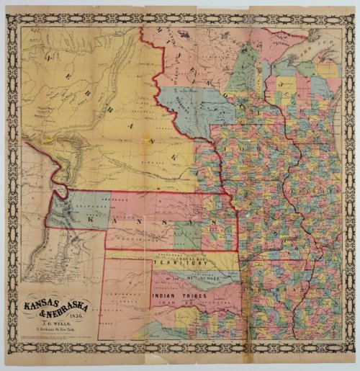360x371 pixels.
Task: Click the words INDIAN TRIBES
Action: point(177,296)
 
